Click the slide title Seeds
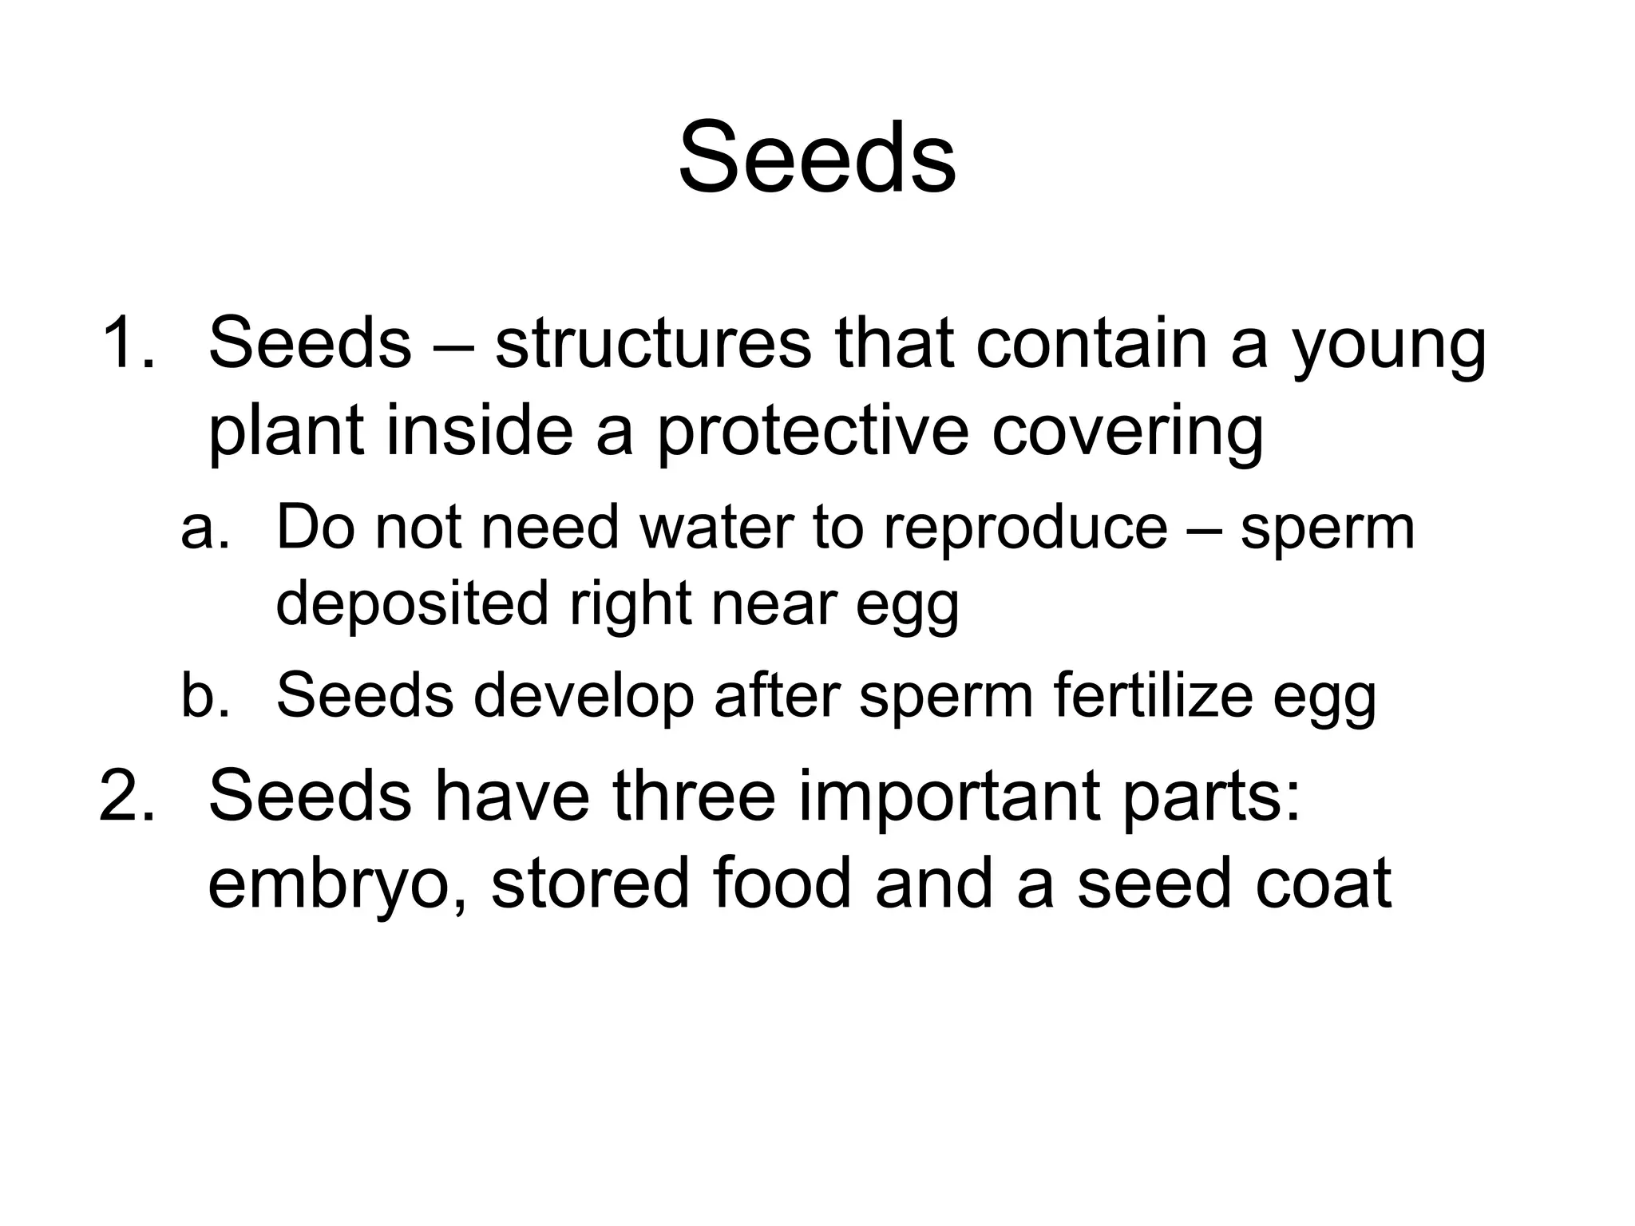(817, 157)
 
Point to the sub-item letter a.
(204, 528)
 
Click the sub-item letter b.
(204, 694)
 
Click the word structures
(652, 343)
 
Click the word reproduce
(1025, 531)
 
